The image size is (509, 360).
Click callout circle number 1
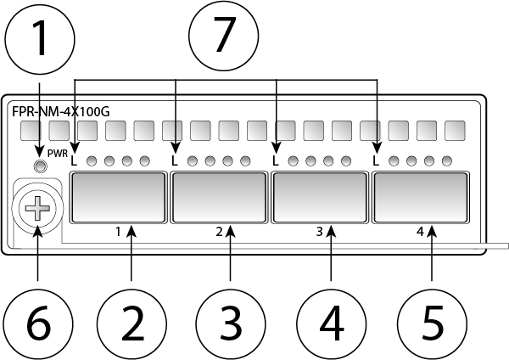tap(39, 39)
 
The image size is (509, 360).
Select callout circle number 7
tap(224, 39)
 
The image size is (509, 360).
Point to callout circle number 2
tap(131, 322)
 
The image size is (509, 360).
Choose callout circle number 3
tap(231, 322)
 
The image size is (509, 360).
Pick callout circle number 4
tap(331, 322)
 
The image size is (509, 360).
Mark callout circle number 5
tap(433, 322)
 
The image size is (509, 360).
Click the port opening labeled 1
tap(118, 196)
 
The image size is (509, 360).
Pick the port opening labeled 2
tap(218, 196)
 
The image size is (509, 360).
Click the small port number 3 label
tap(319, 231)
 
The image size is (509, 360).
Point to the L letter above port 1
tap(75, 160)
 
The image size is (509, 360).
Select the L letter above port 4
tap(377, 160)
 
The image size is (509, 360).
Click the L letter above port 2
tap(175, 160)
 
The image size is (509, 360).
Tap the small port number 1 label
tap(118, 231)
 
